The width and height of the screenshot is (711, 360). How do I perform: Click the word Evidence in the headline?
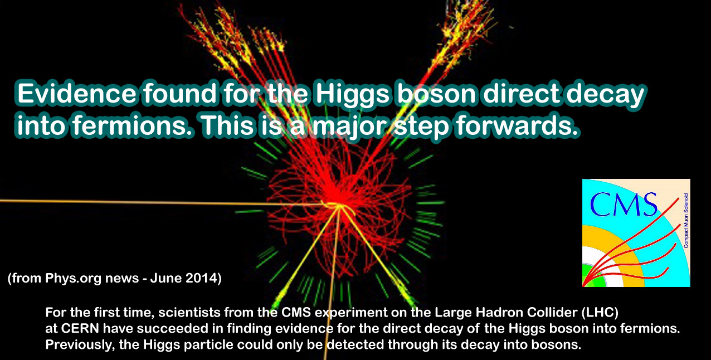tap(76, 94)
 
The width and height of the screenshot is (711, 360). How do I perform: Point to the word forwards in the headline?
tap(513, 126)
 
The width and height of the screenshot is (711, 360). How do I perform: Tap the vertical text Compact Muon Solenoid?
tap(686, 221)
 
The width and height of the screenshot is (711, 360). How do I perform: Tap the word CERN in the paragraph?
tap(81, 329)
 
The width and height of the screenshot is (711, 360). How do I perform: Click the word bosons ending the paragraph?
tap(559, 345)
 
